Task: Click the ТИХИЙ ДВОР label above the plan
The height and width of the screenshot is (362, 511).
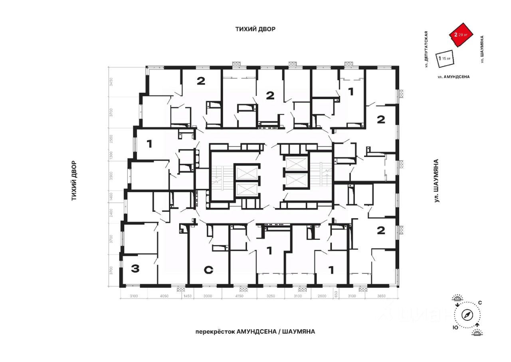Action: coord(255,29)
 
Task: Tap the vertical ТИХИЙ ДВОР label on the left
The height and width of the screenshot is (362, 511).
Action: coord(74,181)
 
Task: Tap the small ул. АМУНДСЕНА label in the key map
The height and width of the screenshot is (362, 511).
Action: coord(453,76)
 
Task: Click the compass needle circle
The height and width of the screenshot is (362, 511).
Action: coord(467,314)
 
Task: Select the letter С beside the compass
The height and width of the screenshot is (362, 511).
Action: coord(480,303)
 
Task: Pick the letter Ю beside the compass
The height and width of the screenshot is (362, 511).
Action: coord(455,327)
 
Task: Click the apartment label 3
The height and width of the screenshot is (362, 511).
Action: coord(135,269)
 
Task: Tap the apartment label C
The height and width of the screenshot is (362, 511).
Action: coord(208,271)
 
